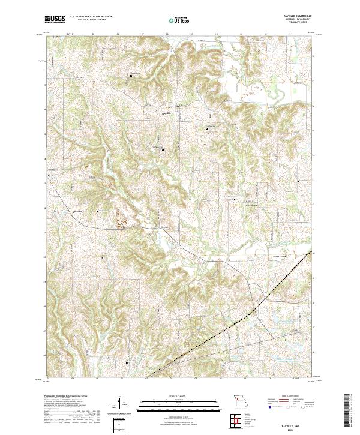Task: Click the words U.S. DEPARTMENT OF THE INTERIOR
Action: point(89,17)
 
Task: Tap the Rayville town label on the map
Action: point(167,112)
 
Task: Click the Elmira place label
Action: point(77,211)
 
